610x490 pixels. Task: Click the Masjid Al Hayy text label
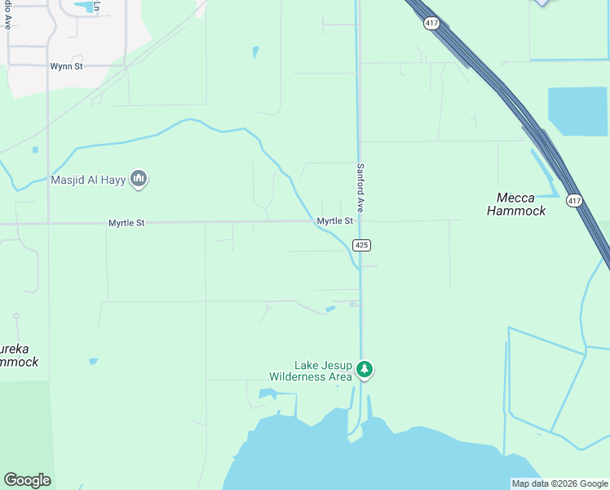coord(88,180)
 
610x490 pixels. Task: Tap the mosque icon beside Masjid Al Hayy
coord(139,179)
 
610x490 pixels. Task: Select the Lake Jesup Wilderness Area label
coord(312,371)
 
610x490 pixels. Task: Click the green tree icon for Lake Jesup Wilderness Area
coord(365,371)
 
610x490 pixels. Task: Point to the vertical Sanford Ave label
coord(359,188)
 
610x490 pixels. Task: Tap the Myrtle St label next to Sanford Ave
coord(334,221)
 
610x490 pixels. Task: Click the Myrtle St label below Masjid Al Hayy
coord(126,222)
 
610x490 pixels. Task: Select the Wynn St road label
coord(66,66)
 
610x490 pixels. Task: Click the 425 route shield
coord(362,245)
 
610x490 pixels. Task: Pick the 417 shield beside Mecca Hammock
coord(574,201)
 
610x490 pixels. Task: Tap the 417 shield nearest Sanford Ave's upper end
coord(431,24)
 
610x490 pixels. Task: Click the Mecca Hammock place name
coord(515,204)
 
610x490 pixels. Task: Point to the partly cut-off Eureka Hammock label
coord(18,356)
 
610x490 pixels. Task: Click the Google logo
coord(27,480)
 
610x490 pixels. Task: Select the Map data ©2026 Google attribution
coord(559,483)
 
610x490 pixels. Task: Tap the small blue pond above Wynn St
coord(84,8)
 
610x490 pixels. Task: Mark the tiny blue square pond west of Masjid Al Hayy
coord(35,149)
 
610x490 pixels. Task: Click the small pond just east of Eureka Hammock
coord(93,361)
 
